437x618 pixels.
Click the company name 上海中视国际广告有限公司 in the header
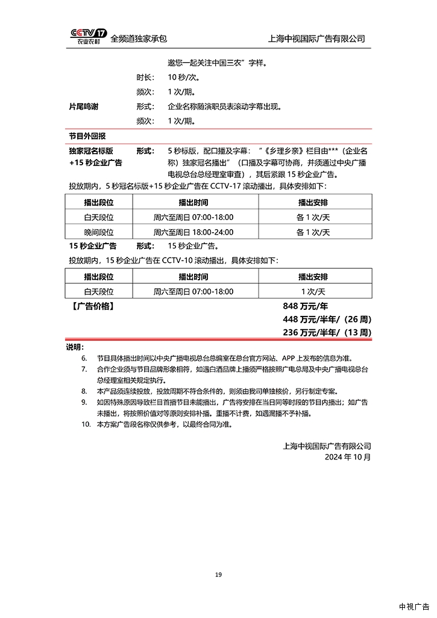point(316,39)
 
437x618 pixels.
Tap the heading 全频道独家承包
point(139,39)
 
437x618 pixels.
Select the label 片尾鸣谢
point(84,107)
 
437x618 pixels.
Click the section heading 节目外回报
point(87,136)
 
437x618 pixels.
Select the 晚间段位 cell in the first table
point(99,232)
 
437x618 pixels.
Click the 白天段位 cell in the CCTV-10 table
point(99,291)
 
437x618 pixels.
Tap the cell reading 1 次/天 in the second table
point(313,291)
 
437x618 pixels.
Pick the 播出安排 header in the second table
point(313,277)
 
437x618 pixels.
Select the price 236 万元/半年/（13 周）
point(327,332)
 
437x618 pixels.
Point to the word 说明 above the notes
point(75,347)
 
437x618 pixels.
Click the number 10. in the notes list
point(86,424)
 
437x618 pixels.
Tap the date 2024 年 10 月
point(348,457)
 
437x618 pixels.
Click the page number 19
point(218,575)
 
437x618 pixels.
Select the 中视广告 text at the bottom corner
point(413,606)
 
